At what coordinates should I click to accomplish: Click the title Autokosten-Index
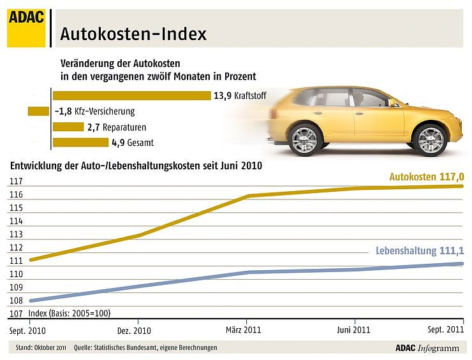click(x=133, y=34)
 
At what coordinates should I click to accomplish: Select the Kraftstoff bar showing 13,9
click(x=131, y=96)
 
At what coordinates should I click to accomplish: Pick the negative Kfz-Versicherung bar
click(x=38, y=111)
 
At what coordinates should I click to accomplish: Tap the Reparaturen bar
click(x=68, y=127)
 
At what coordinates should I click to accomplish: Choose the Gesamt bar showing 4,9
click(x=80, y=142)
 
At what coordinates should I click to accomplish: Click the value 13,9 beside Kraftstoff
click(x=221, y=96)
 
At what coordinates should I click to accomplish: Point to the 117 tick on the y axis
click(x=16, y=182)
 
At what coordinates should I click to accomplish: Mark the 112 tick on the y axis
click(x=16, y=248)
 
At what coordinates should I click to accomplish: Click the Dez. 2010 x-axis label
click(x=134, y=331)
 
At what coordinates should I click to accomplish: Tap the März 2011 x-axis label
click(x=244, y=331)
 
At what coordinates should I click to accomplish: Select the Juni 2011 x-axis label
click(x=353, y=331)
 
